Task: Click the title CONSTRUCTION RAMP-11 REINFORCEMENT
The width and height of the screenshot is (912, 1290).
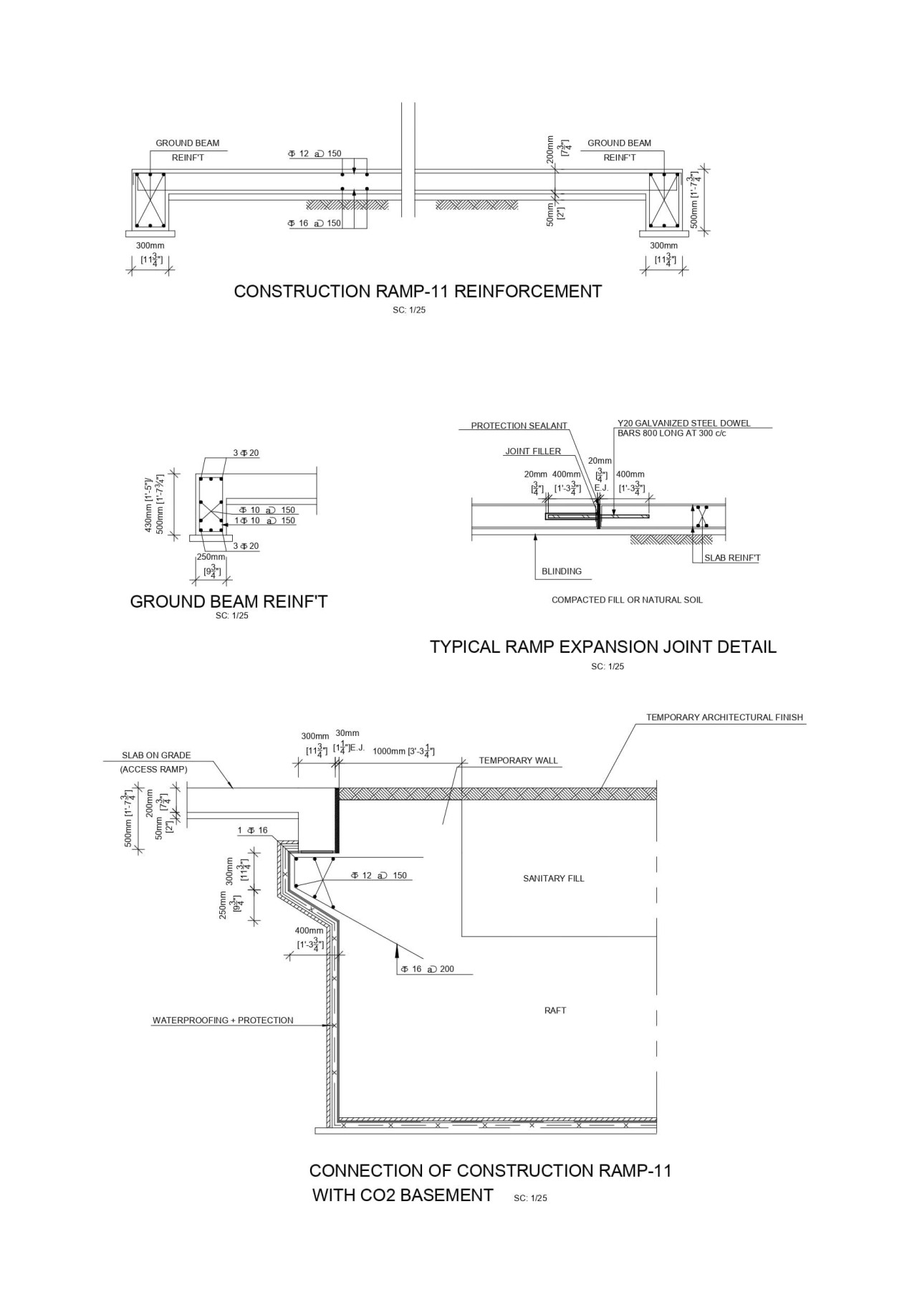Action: tap(418, 292)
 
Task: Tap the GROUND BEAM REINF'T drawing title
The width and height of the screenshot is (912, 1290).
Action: tap(229, 601)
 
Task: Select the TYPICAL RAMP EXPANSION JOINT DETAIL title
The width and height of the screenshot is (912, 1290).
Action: tap(603, 646)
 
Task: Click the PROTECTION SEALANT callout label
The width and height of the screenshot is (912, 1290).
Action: tap(519, 426)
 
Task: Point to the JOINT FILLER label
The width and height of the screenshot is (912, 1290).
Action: tap(533, 451)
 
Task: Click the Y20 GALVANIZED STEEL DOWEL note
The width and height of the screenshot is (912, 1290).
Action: tap(683, 428)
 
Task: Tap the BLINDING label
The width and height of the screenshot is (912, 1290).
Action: tap(562, 571)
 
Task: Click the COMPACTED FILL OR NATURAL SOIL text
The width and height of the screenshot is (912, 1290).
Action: tap(627, 600)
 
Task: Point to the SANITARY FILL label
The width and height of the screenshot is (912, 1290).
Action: tap(553, 878)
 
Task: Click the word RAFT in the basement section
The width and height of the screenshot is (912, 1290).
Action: tap(555, 1010)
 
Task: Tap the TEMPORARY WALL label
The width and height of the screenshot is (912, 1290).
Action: tap(518, 760)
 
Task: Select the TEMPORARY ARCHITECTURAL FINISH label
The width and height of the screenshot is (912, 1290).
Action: tap(724, 717)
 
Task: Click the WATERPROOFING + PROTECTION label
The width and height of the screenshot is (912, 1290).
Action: tap(223, 1020)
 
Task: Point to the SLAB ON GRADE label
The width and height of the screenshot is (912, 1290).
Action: tap(156, 755)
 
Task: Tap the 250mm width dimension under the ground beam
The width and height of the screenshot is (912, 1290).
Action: tap(211, 557)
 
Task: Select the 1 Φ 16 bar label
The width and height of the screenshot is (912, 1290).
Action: tap(252, 831)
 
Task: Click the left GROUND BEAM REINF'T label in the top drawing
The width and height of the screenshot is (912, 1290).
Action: tap(188, 150)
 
